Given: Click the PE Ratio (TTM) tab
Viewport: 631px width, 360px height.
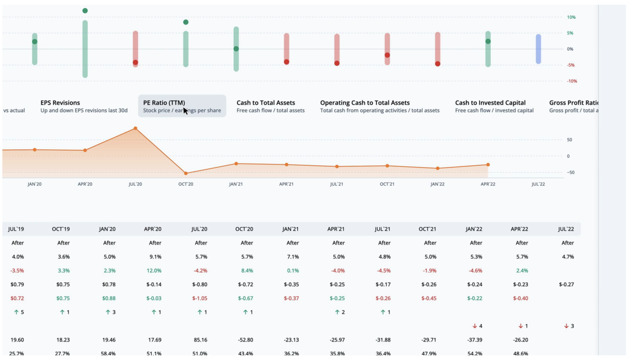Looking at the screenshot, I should (182, 106).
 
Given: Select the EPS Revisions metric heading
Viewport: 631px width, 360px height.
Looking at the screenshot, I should (60, 103).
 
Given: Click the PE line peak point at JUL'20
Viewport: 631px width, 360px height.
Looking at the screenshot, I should (135, 128).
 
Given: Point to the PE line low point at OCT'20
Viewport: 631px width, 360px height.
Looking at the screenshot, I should (186, 173).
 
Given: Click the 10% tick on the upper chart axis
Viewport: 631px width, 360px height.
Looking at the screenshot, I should (571, 17).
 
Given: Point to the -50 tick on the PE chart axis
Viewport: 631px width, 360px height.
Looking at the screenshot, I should (571, 173).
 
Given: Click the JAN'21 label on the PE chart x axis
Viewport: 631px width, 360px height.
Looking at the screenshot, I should (236, 184).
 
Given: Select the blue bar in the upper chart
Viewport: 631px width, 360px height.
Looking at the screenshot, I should (538, 49).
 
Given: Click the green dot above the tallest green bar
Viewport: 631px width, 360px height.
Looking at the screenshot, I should (85, 11).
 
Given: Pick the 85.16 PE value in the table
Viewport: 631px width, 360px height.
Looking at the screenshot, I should (200, 340).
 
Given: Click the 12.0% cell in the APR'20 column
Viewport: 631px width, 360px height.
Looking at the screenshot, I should (154, 271).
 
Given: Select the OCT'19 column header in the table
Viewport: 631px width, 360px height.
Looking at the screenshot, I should (61, 229).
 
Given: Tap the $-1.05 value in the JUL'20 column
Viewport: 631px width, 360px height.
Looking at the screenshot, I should (200, 298).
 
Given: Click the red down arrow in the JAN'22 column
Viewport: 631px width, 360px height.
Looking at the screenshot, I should (475, 326).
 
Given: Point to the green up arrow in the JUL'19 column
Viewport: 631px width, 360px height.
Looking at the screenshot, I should (16, 312).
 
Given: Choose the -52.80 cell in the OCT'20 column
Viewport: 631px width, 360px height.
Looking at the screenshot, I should (246, 340).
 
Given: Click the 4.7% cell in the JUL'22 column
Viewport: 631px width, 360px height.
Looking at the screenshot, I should (568, 257).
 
